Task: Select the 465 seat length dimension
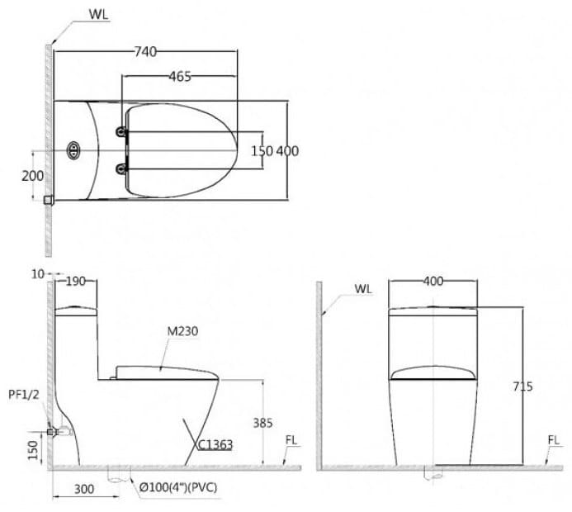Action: point(179,77)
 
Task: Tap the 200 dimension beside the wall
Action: point(32,176)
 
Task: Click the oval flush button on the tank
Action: point(74,150)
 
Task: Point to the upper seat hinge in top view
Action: point(124,131)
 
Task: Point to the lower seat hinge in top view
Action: point(124,169)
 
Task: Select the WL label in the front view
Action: point(363,289)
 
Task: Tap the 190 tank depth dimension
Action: point(75,282)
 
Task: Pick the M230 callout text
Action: point(182,331)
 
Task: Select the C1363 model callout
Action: point(215,444)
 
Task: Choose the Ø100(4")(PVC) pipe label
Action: point(185,489)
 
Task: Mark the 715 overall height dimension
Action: point(522,386)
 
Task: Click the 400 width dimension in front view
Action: point(433,282)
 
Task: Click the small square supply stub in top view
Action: point(49,199)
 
